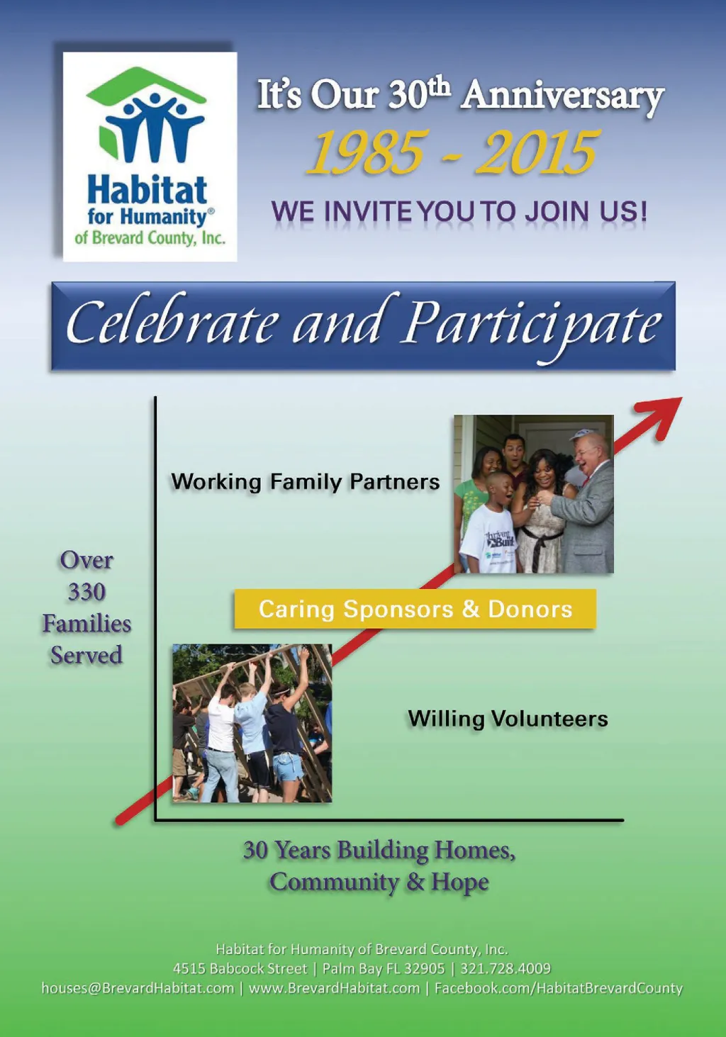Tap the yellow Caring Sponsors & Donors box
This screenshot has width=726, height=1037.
coord(415,609)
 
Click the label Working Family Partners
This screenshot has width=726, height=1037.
coord(305,482)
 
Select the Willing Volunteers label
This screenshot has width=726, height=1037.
coord(508,719)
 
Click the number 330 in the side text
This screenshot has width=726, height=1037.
coord(86,592)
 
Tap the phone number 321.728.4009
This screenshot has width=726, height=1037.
coord(505,969)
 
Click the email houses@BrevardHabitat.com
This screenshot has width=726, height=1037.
coord(138,988)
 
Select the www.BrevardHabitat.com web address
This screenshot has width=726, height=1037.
coord(335,988)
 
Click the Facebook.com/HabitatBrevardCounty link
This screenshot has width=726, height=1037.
coord(559,989)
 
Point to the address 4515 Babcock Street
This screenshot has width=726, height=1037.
coord(240,969)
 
